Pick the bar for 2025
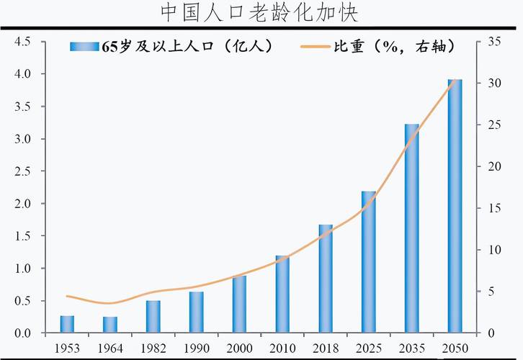368,262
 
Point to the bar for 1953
67,324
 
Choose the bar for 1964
110,325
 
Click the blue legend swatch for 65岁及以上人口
84,47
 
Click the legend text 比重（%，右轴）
393,47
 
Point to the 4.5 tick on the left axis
22,42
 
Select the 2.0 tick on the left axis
22,204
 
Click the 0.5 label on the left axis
22,301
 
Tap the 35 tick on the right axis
493,42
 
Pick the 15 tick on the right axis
493,208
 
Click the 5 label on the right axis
491,292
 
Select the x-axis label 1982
153,348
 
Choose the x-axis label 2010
282,348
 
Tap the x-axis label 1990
197,348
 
